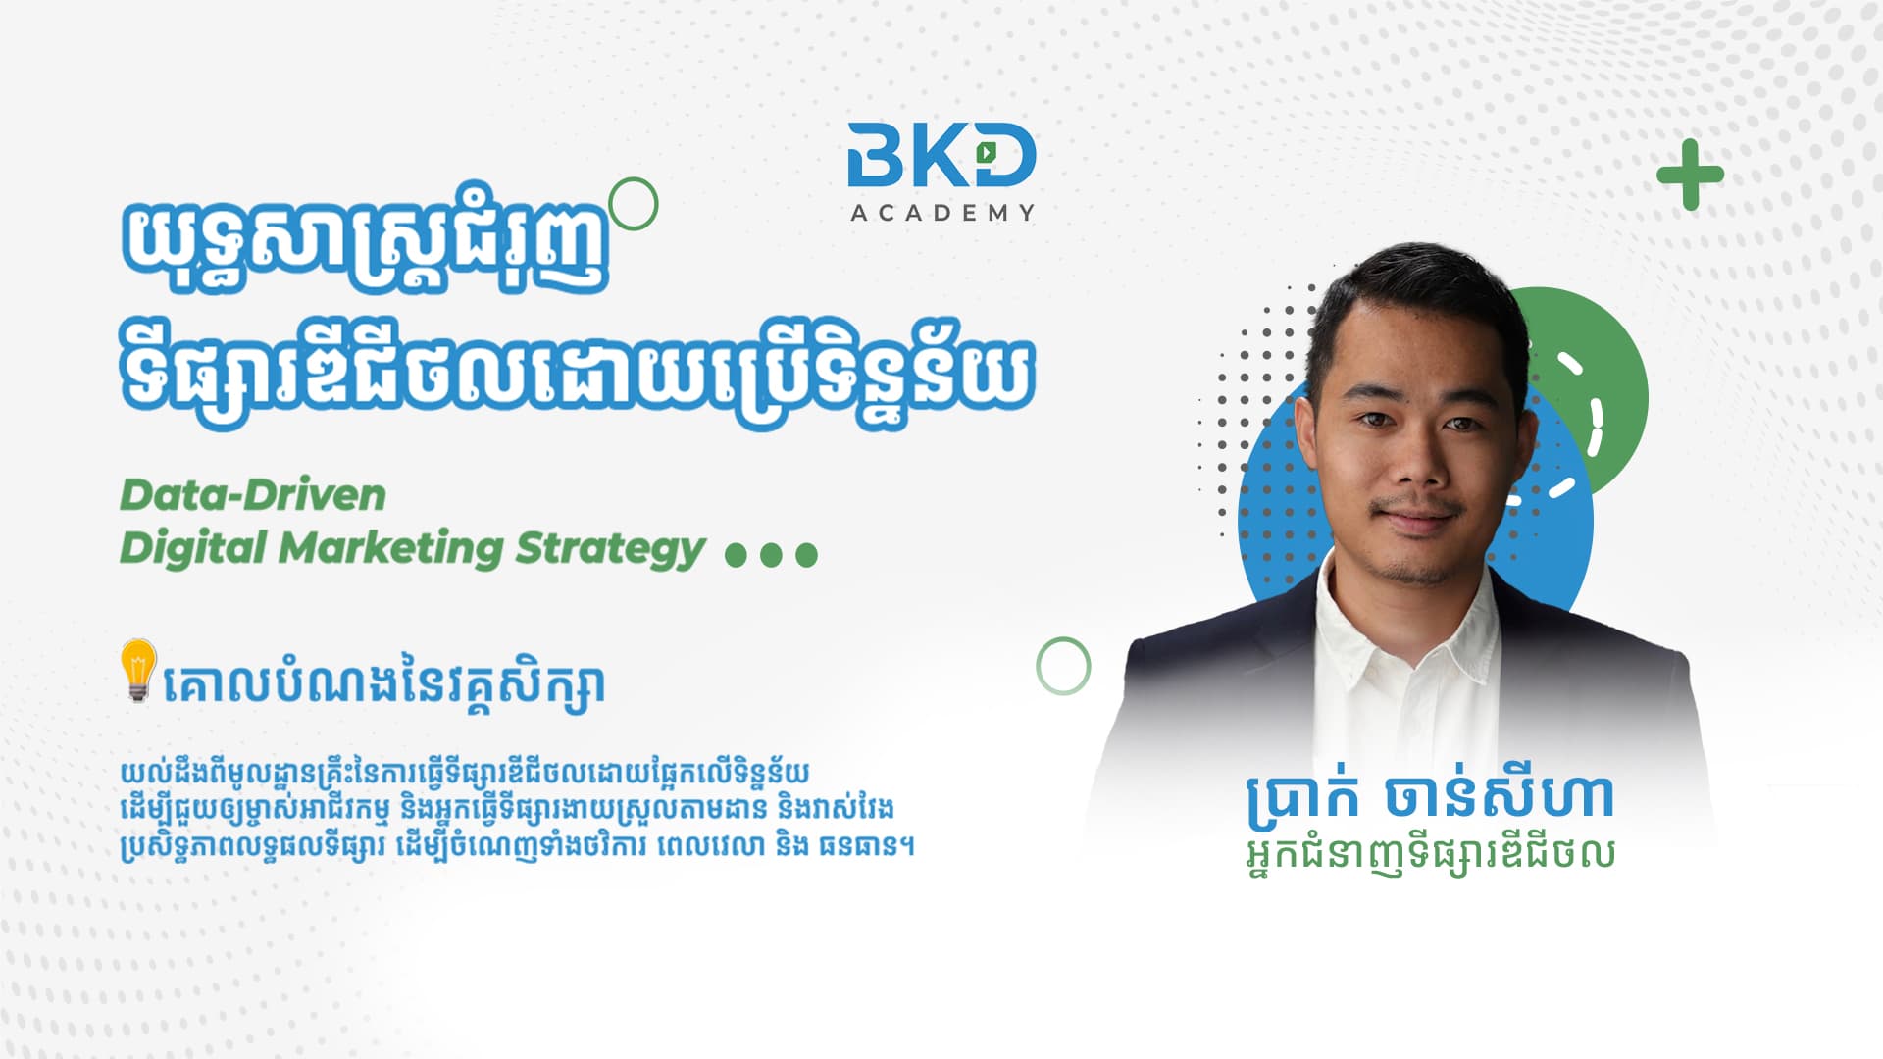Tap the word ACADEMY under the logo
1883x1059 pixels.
point(942,213)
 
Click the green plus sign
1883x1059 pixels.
point(1690,175)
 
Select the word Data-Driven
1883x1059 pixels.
point(253,495)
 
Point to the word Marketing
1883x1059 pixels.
point(391,548)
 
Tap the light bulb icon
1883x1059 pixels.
point(138,670)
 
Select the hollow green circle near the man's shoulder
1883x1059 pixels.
point(1063,641)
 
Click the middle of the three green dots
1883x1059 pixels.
point(771,556)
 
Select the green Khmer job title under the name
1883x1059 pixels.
point(1430,854)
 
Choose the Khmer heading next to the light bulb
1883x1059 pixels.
point(383,684)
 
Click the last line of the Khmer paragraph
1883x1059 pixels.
point(517,845)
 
